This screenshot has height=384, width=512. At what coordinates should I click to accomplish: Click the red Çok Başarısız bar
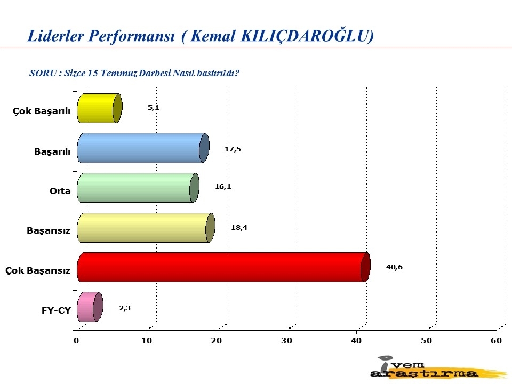coord(224,267)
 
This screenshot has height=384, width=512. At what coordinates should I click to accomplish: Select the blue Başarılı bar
coord(143,148)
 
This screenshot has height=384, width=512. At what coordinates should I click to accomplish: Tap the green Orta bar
coord(138,188)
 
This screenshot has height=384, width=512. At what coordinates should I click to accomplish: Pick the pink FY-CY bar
coord(90,307)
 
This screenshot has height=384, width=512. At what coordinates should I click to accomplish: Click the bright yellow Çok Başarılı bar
coord(100,108)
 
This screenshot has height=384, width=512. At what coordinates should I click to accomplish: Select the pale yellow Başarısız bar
coord(146,228)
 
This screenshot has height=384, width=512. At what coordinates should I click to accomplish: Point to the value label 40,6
coord(394,267)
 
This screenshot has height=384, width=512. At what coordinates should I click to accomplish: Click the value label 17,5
coord(233,149)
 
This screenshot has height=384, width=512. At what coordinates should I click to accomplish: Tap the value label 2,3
coord(125,308)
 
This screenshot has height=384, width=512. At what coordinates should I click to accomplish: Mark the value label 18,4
coord(239,228)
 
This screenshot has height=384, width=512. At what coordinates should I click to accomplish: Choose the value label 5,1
coord(154,108)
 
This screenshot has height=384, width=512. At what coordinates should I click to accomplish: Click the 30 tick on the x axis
coord(287,341)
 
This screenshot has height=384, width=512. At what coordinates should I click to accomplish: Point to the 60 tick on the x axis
coord(497,341)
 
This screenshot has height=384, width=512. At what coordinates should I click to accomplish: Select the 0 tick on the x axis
coord(76,341)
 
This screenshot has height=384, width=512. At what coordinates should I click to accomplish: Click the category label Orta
coord(60,191)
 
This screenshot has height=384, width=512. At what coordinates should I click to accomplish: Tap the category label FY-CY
coord(56,310)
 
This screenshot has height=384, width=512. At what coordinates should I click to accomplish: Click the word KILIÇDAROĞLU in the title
coord(307,36)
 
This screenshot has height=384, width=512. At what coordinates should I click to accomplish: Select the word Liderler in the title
coord(56,36)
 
